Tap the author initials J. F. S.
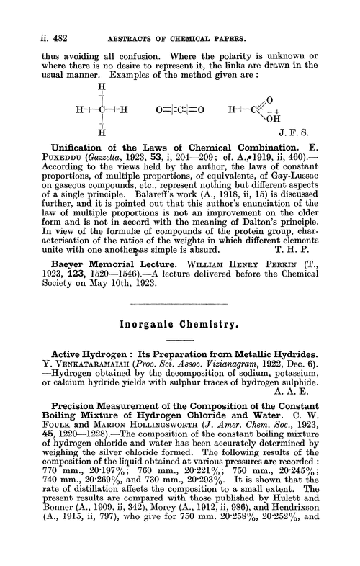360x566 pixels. click(316, 132)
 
